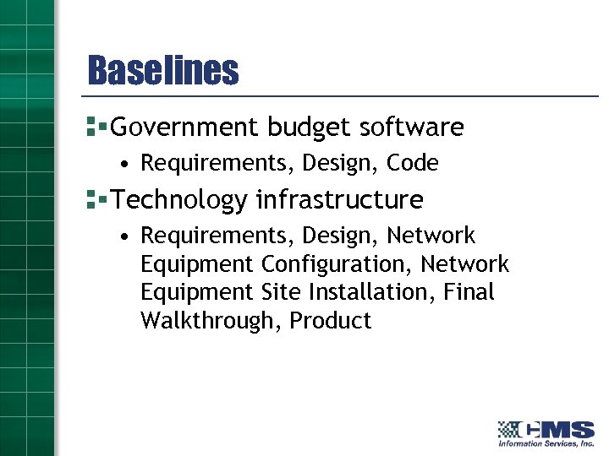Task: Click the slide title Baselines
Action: [x=162, y=71]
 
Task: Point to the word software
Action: [x=411, y=128]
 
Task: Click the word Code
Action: [x=412, y=163]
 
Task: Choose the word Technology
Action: [x=179, y=200]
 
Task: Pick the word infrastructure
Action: [x=339, y=200]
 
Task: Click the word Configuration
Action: [x=337, y=264]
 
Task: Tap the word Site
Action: [x=281, y=292]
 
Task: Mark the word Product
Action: [x=331, y=321]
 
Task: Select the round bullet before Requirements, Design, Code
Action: [x=124, y=163]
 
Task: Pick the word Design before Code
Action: [x=341, y=163]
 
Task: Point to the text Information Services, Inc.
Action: [x=546, y=443]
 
